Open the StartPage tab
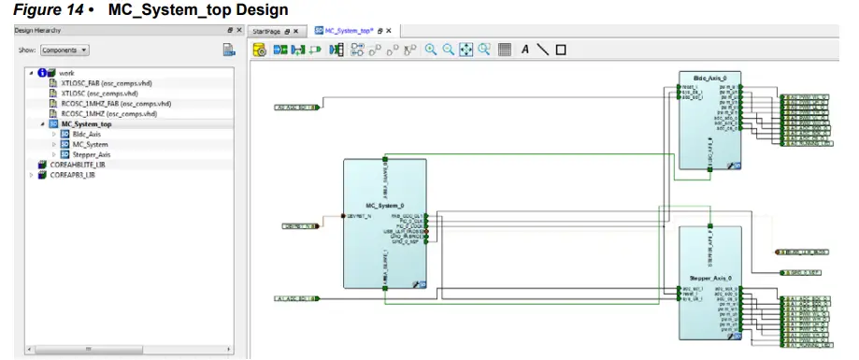(x=271, y=31)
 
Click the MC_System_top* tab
(x=343, y=31)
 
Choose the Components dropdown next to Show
(x=67, y=50)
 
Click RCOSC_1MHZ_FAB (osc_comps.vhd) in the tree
(x=115, y=103)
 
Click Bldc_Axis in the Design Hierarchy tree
(x=86, y=134)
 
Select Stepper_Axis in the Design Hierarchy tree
(x=91, y=153)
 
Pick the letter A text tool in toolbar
(x=525, y=50)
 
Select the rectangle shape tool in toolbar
(x=561, y=50)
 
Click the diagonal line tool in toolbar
(x=543, y=50)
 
